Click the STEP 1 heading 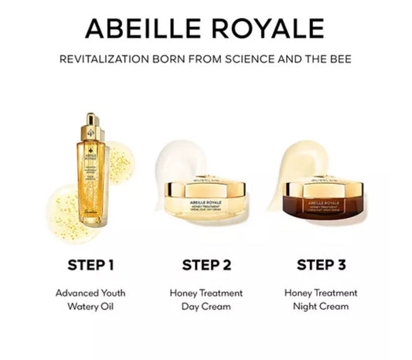point(87,266)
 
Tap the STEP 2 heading point(206,266)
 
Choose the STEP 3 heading point(321,266)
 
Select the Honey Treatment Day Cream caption point(206,300)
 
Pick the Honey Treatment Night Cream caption point(321,300)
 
